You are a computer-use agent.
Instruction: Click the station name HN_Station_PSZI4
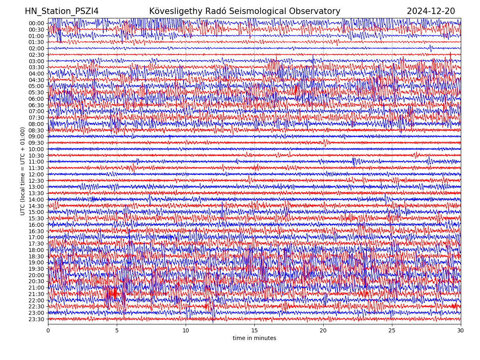[62, 12]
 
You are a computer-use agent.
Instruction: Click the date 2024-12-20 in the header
[431, 12]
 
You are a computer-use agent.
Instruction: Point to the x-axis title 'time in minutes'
[254, 338]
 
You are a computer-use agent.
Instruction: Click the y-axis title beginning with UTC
[23, 171]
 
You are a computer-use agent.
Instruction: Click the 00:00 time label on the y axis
[36, 23]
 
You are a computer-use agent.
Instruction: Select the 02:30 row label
[36, 55]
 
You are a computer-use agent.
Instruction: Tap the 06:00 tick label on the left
[36, 99]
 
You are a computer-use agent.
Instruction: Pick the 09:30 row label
[36, 143]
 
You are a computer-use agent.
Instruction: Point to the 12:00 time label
[36, 174]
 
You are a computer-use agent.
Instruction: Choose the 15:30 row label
[36, 218]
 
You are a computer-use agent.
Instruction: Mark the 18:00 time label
[36, 250]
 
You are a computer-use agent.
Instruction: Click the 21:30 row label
[36, 294]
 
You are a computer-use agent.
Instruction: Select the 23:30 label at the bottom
[36, 319]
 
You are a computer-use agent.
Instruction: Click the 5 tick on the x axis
[117, 331]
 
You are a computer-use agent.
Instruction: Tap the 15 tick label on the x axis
[254, 331]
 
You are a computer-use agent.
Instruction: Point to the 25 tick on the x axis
[392, 331]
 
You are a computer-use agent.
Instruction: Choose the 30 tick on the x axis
[461, 331]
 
